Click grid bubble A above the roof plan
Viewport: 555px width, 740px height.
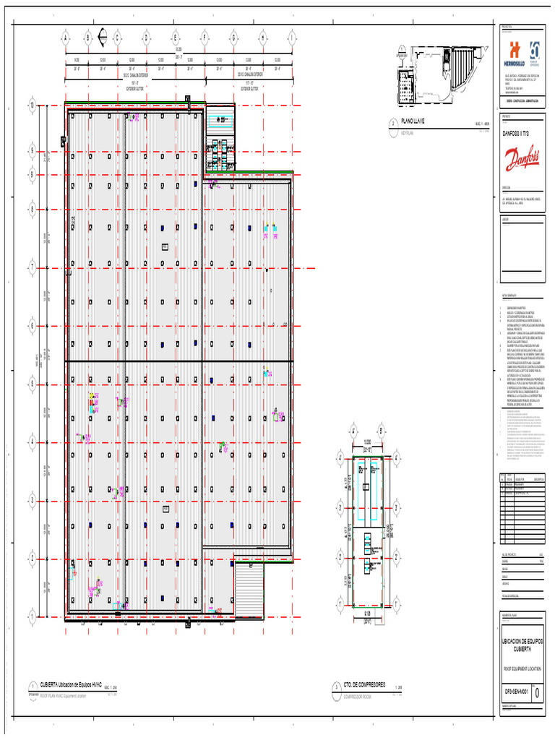(x=66, y=38)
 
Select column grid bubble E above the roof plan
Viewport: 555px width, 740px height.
(x=175, y=38)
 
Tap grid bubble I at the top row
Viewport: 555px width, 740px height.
(x=292, y=38)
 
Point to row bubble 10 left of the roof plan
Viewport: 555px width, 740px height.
(x=32, y=106)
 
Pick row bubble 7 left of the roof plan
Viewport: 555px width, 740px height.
(x=32, y=267)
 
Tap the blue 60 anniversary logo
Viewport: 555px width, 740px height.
(x=535, y=51)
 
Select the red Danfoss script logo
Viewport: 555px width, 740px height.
(x=522, y=158)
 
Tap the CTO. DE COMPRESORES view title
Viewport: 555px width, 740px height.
(x=364, y=684)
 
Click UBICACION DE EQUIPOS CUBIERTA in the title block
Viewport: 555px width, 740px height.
(x=522, y=645)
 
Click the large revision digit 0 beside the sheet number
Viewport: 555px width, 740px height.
(x=535, y=692)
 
